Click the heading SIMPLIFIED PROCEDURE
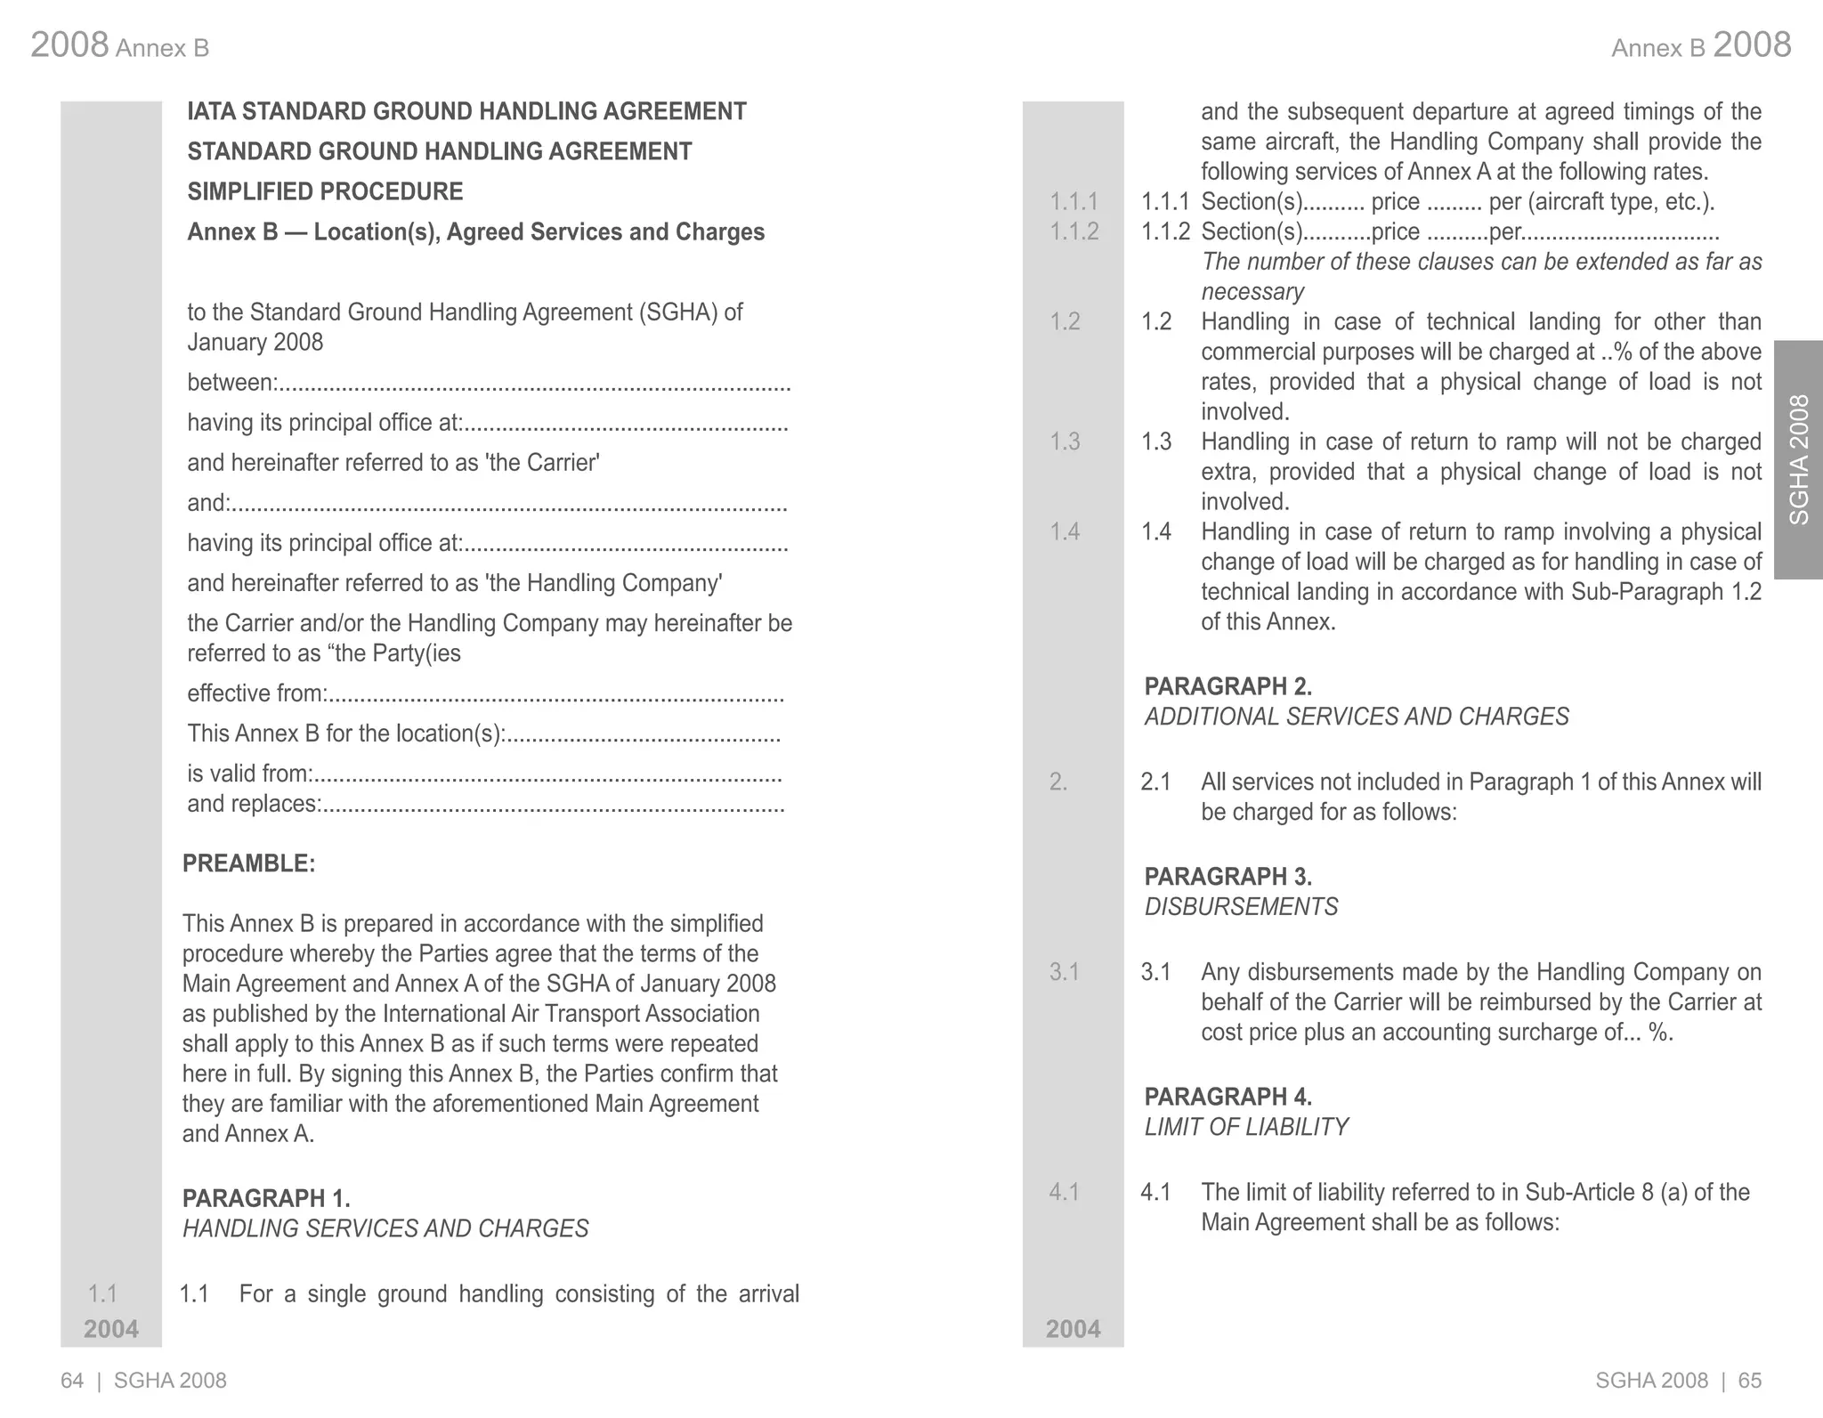(325, 191)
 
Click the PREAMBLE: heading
(248, 863)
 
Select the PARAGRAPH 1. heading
(266, 1198)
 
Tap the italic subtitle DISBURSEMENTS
(1241, 907)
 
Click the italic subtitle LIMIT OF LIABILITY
(1245, 1127)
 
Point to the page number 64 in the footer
(72, 1381)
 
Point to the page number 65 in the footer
(1750, 1381)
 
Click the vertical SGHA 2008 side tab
(1798, 459)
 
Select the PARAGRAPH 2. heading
(1227, 686)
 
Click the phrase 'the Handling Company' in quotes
(604, 583)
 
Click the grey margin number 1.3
(1065, 442)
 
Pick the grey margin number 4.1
(1064, 1192)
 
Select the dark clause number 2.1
(1155, 782)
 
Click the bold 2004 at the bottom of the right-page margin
(1073, 1329)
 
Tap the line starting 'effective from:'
(485, 693)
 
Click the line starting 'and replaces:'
(485, 804)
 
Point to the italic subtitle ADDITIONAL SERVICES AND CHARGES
(1356, 717)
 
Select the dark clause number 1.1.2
(1165, 231)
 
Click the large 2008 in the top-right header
(1751, 45)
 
